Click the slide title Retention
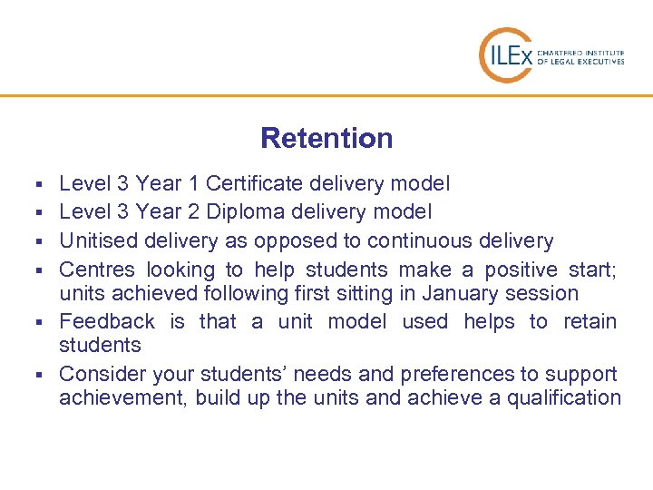[x=326, y=139]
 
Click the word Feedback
[x=107, y=321]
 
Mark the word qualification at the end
[x=567, y=397]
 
